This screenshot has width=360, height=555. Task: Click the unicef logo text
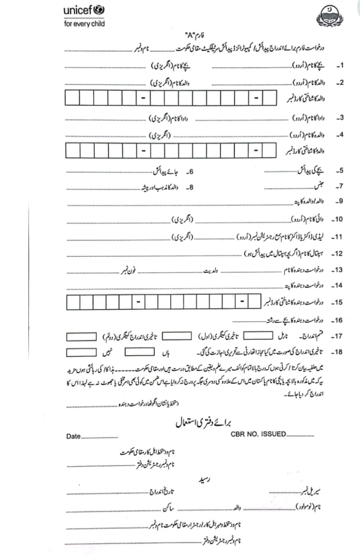pyautogui.click(x=83, y=10)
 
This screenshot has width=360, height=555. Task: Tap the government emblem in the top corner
pyautogui.click(x=330, y=17)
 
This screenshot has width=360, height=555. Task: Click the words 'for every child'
pyautogui.click(x=84, y=24)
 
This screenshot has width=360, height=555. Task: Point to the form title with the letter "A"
pyautogui.click(x=195, y=36)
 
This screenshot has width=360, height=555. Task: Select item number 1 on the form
pyautogui.click(x=339, y=66)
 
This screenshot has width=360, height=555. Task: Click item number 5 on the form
pyautogui.click(x=339, y=171)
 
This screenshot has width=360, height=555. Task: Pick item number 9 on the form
pyautogui.click(x=339, y=201)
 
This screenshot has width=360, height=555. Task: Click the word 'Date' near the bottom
pyautogui.click(x=73, y=436)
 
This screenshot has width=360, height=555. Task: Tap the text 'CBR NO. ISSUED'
pyautogui.click(x=258, y=434)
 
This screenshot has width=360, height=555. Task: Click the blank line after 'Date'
pyautogui.click(x=100, y=437)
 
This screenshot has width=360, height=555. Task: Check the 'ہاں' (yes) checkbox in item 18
pyautogui.click(x=139, y=352)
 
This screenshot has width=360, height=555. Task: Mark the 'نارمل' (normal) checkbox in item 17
pyautogui.click(x=258, y=336)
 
